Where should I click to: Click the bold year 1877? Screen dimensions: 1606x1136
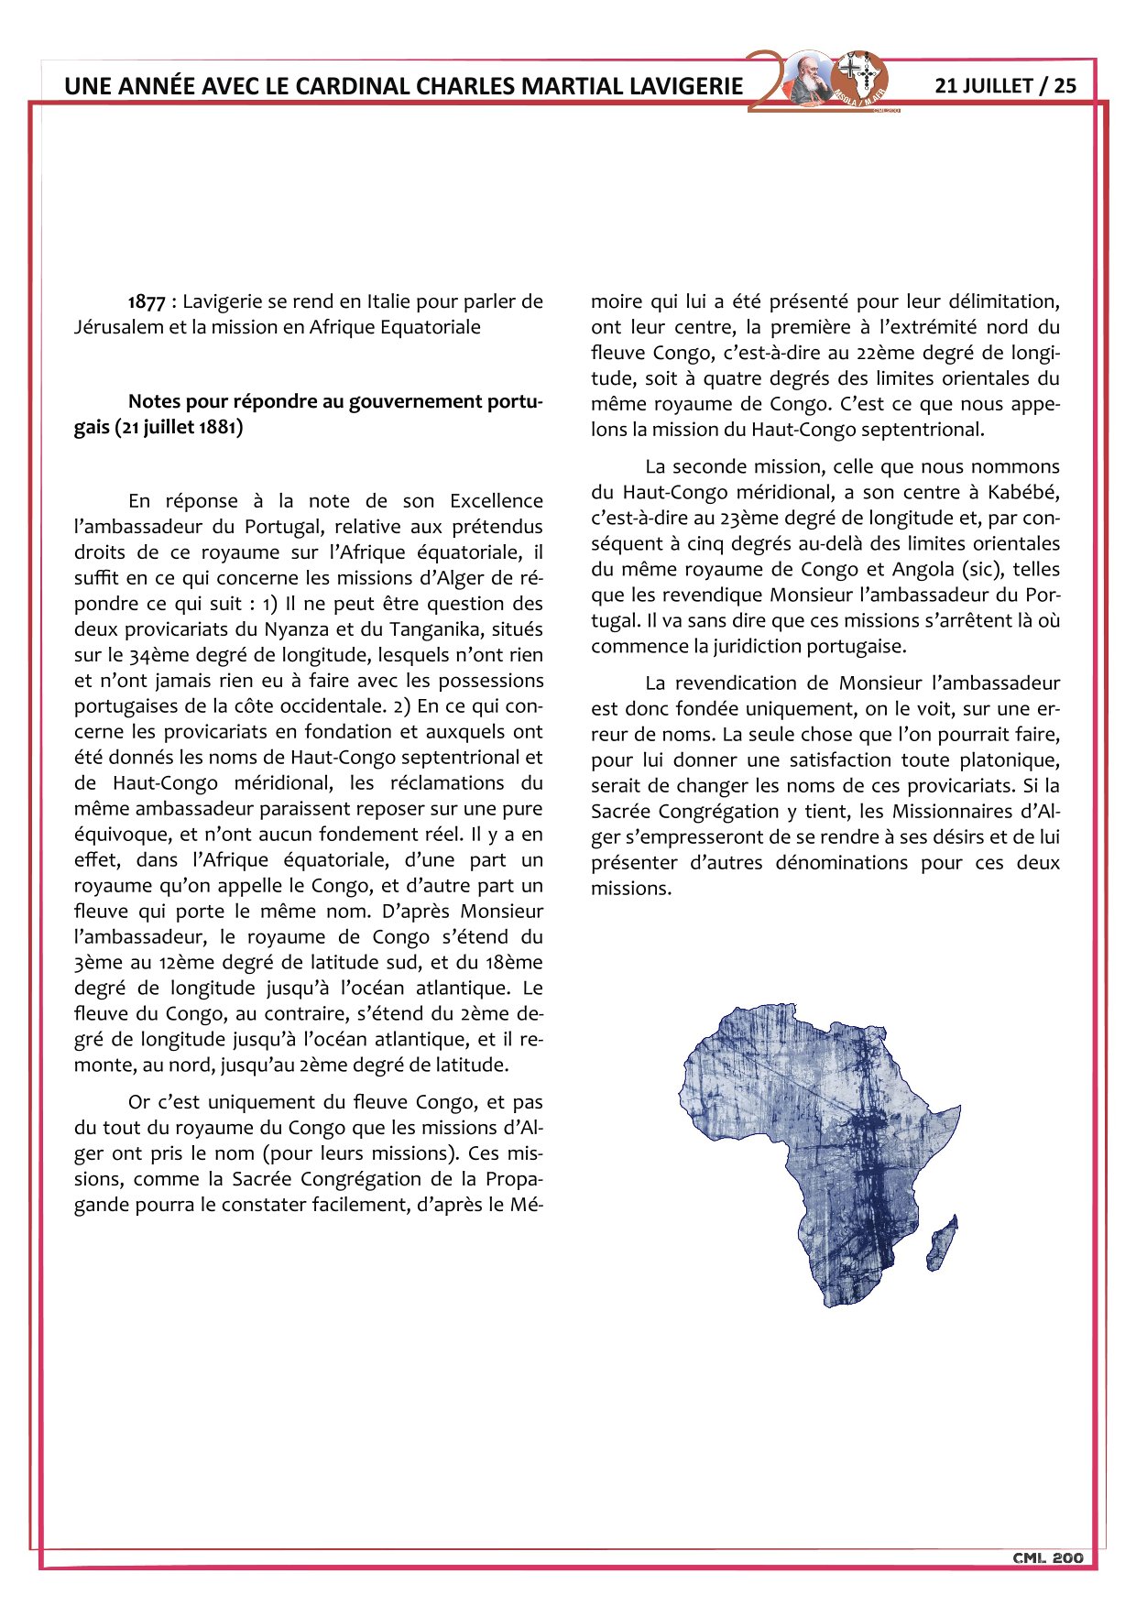tap(147, 301)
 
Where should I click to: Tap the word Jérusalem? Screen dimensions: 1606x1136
tap(118, 327)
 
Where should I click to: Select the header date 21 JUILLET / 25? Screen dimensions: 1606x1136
tap(1005, 85)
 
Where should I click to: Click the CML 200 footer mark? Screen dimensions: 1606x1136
tap(1048, 1557)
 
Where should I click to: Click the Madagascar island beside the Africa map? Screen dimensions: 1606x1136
tap(942, 1240)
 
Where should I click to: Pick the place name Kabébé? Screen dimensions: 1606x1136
tap(1023, 492)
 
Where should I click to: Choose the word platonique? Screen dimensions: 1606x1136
tap(1008, 759)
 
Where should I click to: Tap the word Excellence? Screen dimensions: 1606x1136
tap(496, 501)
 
